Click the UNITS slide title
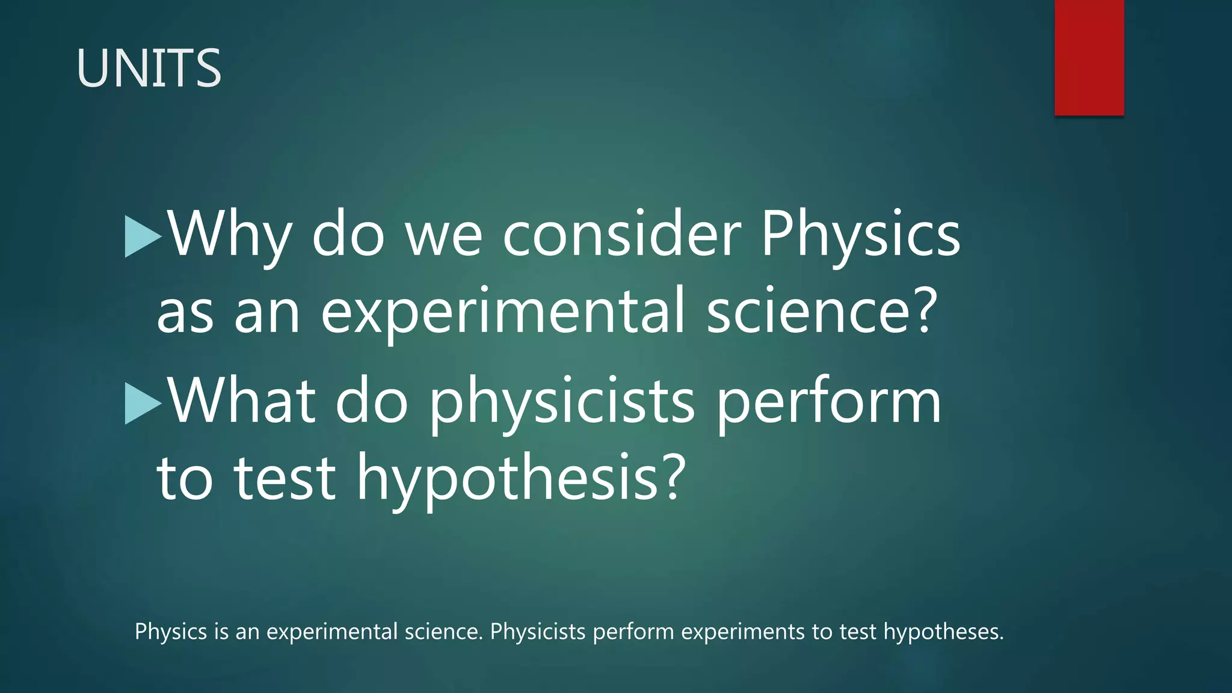(149, 68)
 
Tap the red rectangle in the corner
(1089, 57)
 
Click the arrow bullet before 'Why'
(143, 237)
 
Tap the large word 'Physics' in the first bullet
(860, 235)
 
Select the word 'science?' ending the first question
(822, 310)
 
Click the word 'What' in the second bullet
(241, 401)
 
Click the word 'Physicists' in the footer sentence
(538, 632)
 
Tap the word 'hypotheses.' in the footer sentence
(944, 632)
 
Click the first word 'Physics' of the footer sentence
(171, 632)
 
